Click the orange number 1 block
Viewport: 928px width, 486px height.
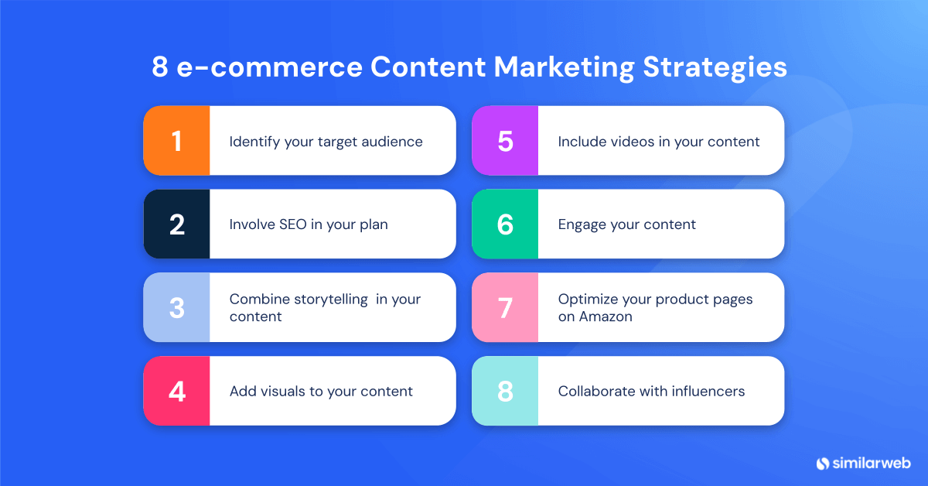coord(176,141)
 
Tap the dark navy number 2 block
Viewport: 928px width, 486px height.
coord(176,224)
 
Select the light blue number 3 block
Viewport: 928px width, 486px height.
coord(176,307)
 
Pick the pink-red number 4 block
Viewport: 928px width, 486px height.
coord(176,391)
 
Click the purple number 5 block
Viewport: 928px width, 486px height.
coord(505,141)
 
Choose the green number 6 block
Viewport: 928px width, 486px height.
coord(505,224)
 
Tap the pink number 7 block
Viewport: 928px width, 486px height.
coord(505,307)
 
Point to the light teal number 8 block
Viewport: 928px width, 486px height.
coord(505,391)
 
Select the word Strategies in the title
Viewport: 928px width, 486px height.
coord(716,68)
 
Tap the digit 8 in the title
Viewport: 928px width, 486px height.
coord(159,68)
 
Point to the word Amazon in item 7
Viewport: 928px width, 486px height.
coord(606,317)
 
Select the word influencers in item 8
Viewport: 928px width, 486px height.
coord(705,391)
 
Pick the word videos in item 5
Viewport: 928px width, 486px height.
coord(629,142)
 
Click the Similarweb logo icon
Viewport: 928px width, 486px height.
coord(822,463)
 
